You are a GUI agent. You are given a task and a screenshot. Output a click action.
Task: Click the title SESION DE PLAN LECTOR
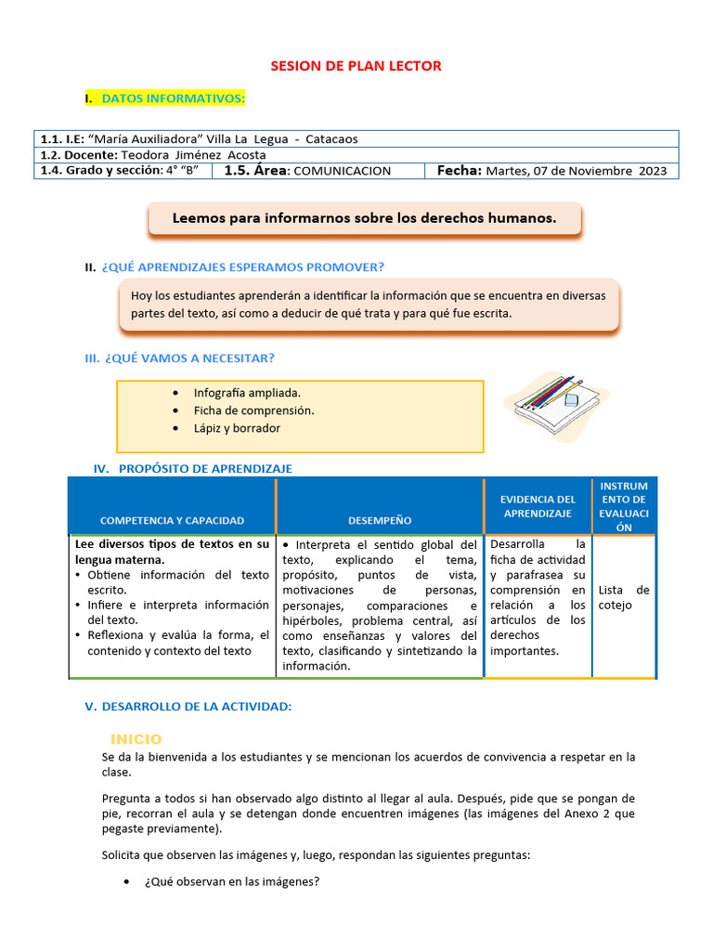coord(356,66)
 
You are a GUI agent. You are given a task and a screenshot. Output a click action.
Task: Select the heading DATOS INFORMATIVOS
coord(173,98)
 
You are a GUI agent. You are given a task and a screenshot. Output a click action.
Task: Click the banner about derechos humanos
coord(364,219)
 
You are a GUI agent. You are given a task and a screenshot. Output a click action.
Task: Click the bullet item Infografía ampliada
coord(247,393)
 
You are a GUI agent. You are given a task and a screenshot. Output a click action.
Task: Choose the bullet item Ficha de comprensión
coord(253,410)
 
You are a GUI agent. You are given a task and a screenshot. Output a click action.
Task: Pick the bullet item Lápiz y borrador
coord(237,428)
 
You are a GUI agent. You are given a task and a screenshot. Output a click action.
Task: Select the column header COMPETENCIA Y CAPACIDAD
coord(172,520)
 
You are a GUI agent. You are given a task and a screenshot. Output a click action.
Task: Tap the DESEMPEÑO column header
coord(380,520)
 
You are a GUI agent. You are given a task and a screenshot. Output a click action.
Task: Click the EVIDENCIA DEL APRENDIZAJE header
coord(538,506)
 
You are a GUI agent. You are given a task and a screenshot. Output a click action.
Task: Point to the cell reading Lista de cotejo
coord(624,597)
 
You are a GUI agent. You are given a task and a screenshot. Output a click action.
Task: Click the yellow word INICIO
coord(136,739)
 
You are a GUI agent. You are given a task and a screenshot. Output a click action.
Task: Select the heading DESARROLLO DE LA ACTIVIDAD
coord(196,707)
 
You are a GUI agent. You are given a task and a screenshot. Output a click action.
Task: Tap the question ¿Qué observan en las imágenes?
coord(232,881)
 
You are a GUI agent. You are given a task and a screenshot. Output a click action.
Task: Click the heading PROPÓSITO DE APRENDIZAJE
coord(205,469)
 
